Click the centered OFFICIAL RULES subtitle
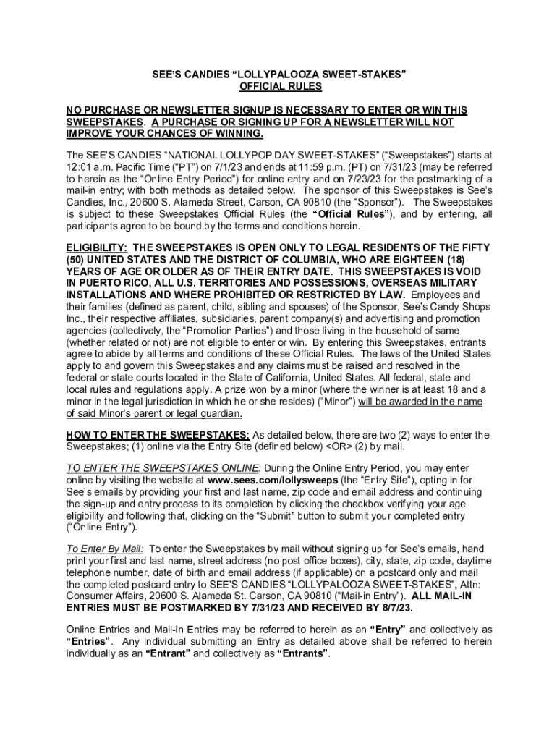(x=278, y=85)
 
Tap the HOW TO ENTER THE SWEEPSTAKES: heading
(x=158, y=435)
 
